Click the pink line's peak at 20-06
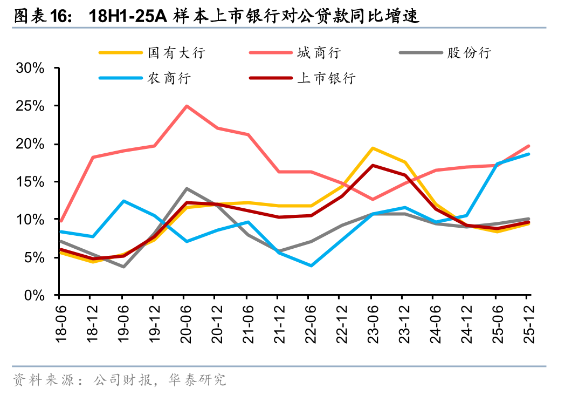click(187, 106)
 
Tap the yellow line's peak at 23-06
click(372, 148)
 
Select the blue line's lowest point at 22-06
click(311, 265)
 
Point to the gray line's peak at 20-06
click(187, 189)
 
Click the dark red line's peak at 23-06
click(372, 165)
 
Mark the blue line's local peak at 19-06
click(123, 201)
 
